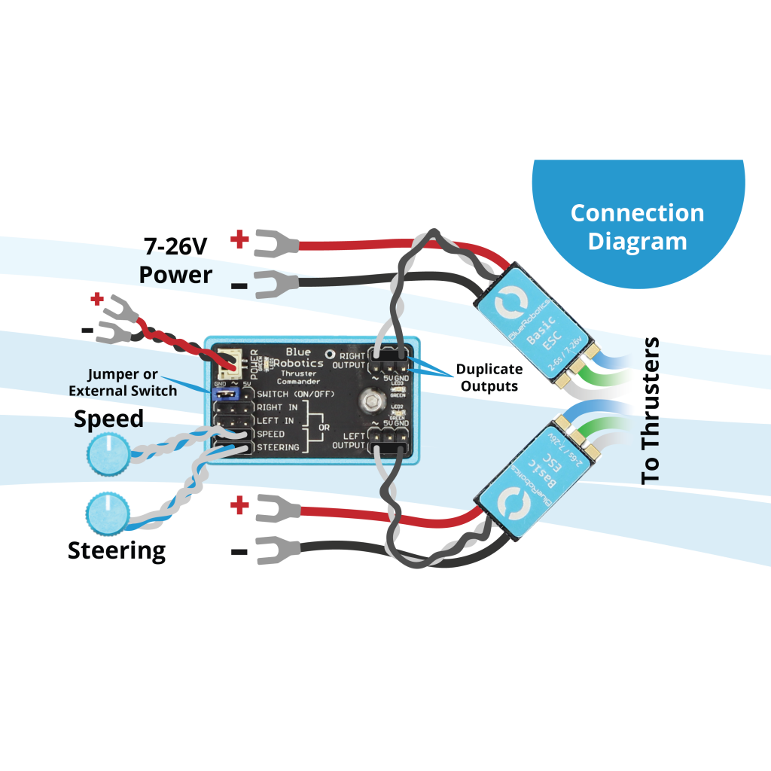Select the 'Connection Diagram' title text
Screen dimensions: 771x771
(637, 227)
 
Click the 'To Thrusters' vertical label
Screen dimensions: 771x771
(650, 411)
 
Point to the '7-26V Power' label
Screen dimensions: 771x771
(177, 260)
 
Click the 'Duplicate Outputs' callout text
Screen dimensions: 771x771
(489, 377)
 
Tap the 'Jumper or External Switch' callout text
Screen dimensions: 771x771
(123, 382)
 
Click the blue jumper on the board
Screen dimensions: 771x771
(226, 393)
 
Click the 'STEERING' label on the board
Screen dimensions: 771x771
(278, 448)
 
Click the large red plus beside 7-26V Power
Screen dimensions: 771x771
(239, 240)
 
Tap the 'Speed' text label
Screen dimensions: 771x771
(108, 419)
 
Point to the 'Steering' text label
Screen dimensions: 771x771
(117, 550)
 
